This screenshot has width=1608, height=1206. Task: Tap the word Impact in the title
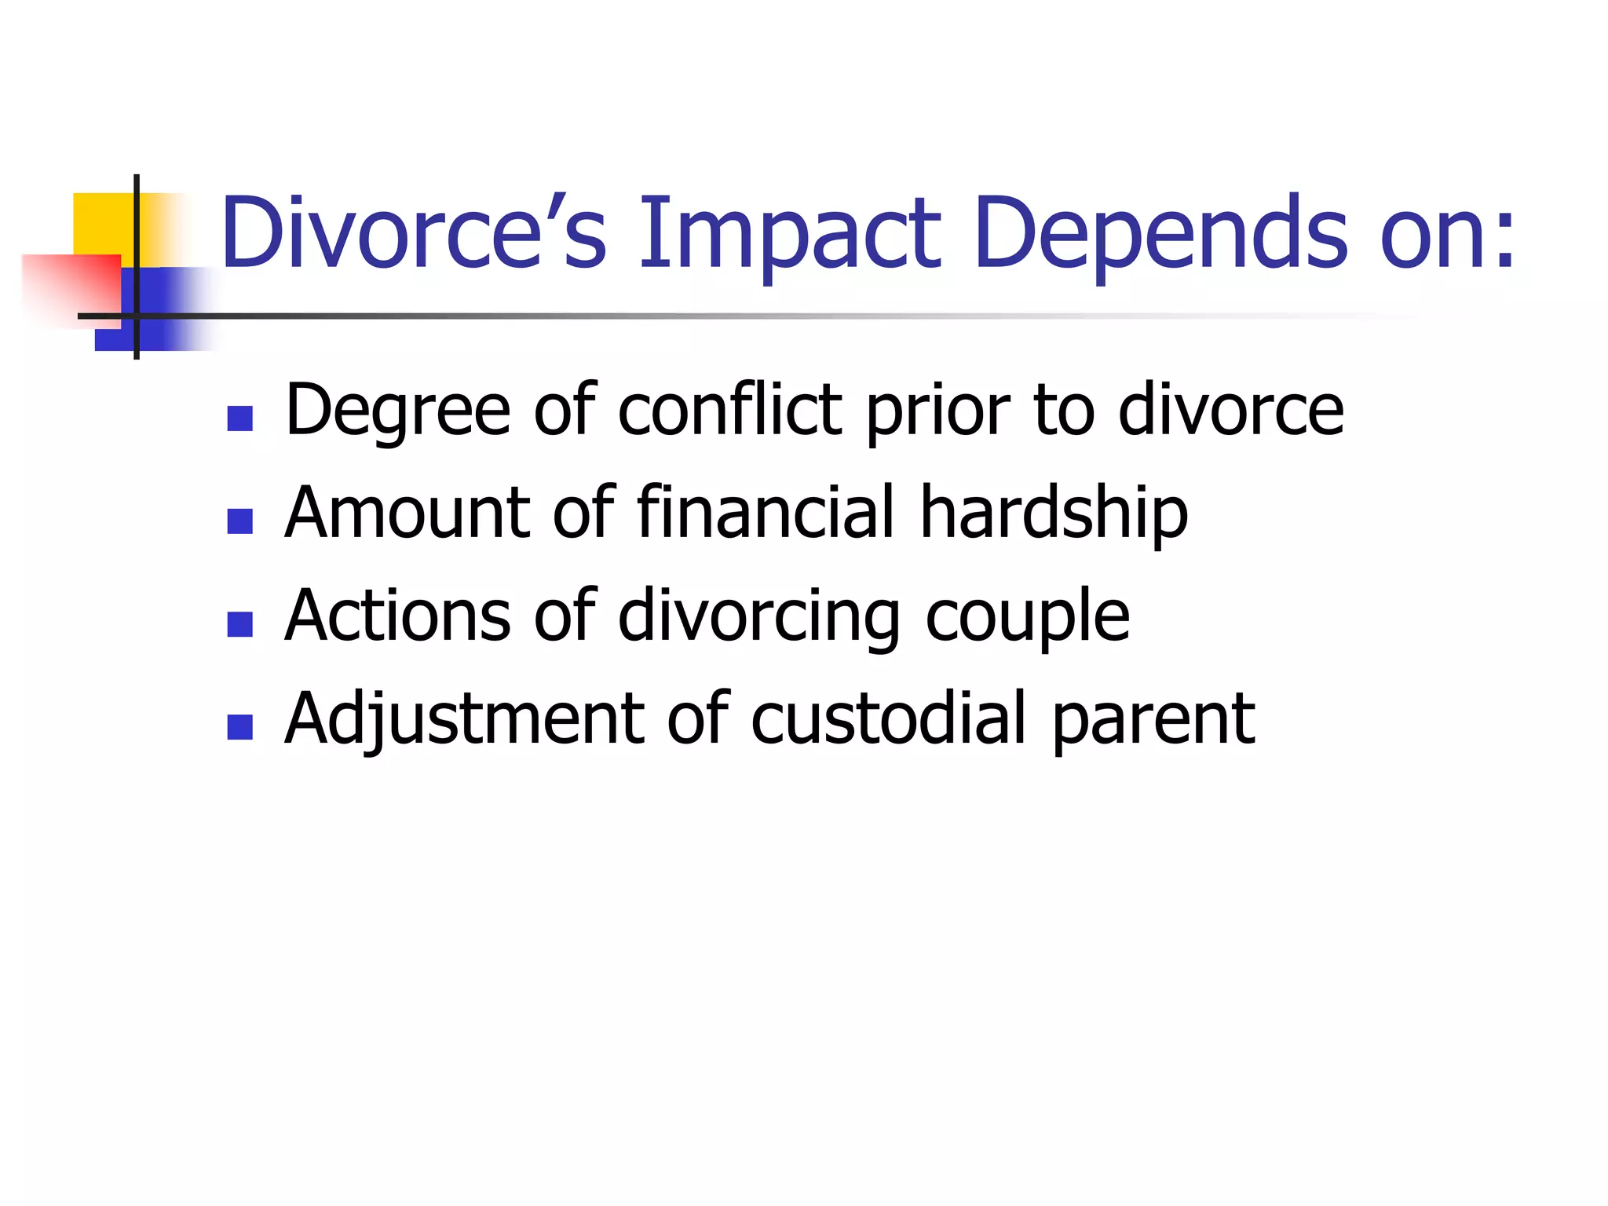(x=789, y=233)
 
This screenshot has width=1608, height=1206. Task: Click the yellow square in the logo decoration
(x=103, y=223)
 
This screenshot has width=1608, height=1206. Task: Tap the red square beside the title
(x=71, y=287)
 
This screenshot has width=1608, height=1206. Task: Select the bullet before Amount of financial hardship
(x=239, y=521)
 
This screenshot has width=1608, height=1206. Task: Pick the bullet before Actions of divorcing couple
(x=239, y=624)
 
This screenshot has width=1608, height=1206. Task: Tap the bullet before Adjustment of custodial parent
(x=239, y=727)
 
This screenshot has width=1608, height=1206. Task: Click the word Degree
(x=397, y=411)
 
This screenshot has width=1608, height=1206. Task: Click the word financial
(x=766, y=512)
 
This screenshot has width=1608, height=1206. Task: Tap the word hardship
(x=1054, y=513)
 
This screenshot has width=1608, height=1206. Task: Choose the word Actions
(x=397, y=615)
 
